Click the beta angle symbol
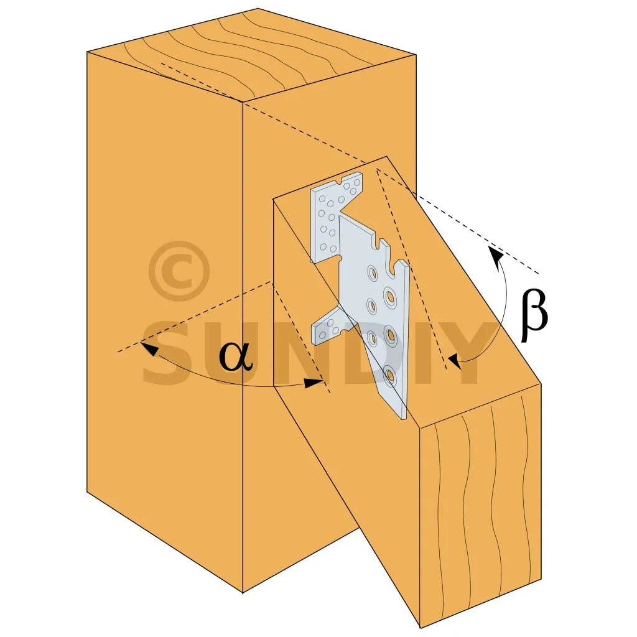pyautogui.click(x=534, y=315)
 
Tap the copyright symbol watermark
pyautogui.click(x=179, y=271)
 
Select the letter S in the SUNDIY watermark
pyautogui.click(x=167, y=352)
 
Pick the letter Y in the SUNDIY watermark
pyautogui.click(x=467, y=352)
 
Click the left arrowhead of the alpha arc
pyautogui.click(x=149, y=349)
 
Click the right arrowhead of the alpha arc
pyautogui.click(x=314, y=383)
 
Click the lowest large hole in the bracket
pyautogui.click(x=389, y=375)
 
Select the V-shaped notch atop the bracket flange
pyautogui.click(x=340, y=181)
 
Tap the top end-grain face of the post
pyautogui.click(x=252, y=54)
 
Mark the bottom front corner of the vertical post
pyautogui.click(x=243, y=593)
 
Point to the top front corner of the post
pyautogui.click(x=243, y=101)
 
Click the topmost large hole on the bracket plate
pyautogui.click(x=373, y=272)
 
